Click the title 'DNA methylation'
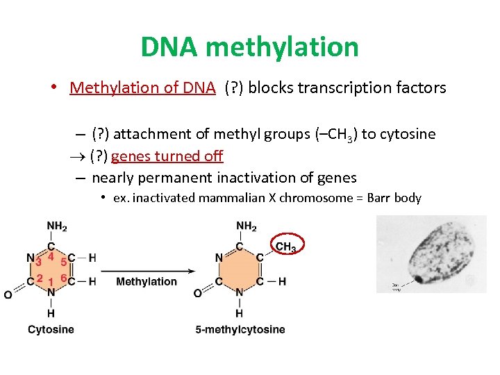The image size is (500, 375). tap(249, 47)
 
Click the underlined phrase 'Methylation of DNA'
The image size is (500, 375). tap(142, 87)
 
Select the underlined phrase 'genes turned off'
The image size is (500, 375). tap(167, 156)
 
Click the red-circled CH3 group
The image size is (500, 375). tap(285, 246)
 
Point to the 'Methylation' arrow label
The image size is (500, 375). tap(146, 281)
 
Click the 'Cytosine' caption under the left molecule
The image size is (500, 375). tap(51, 329)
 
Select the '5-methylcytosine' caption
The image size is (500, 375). tap(240, 329)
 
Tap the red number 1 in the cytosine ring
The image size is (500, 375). tap(51, 283)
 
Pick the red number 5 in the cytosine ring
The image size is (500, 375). tap(64, 262)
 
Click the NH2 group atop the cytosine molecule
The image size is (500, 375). tap(57, 226)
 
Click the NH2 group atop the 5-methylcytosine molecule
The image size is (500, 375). tap(246, 226)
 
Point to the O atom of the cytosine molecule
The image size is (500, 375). tap(8, 295)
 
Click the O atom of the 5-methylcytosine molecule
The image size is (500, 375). tap(198, 294)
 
